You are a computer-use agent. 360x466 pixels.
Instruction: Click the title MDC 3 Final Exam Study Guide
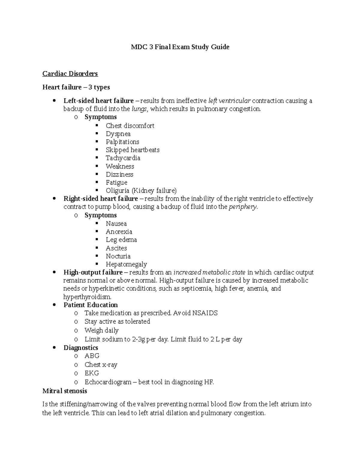point(180,47)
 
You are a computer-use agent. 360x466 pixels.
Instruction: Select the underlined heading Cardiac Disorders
point(70,74)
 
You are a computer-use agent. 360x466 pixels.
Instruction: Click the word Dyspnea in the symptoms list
point(118,134)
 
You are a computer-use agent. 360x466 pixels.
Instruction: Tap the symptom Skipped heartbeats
point(132,150)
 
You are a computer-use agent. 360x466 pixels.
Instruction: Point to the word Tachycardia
point(123,158)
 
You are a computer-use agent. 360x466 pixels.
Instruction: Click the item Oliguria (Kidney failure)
point(141,191)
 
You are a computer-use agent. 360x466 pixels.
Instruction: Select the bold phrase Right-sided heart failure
point(100,199)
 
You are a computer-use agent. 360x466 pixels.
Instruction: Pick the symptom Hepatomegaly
point(126,264)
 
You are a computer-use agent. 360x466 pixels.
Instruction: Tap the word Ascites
point(116,248)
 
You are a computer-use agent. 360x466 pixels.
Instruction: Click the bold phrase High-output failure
point(93,272)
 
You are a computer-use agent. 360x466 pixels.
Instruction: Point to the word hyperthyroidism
point(87,297)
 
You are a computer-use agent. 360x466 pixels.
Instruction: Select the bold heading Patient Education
point(91,305)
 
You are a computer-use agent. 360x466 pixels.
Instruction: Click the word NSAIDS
point(205,313)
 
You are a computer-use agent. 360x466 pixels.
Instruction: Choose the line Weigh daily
point(101,330)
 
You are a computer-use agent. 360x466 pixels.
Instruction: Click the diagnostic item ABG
point(92,356)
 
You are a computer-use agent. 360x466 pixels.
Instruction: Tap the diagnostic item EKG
point(91,373)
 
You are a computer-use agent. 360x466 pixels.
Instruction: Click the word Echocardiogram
point(108,382)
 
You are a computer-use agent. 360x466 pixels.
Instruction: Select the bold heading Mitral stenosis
point(65,391)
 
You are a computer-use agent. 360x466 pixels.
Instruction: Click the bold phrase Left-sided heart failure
point(98,101)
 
